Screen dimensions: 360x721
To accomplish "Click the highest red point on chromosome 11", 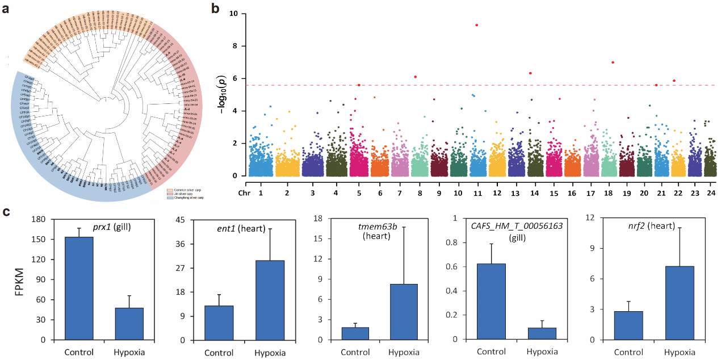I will [x=476, y=25].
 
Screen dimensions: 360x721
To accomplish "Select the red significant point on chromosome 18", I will [x=613, y=62].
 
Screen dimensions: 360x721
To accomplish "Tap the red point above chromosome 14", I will [x=530, y=73].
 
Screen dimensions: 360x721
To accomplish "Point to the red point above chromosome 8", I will [x=416, y=77].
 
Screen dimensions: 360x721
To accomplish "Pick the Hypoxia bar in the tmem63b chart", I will [x=403, y=312].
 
